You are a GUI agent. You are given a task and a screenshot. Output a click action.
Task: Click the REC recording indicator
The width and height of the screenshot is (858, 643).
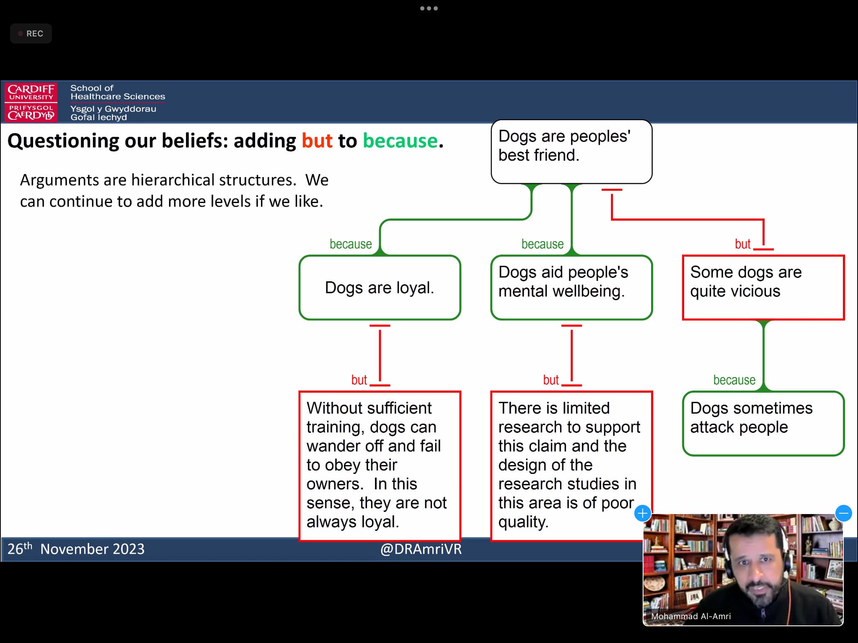point(31,33)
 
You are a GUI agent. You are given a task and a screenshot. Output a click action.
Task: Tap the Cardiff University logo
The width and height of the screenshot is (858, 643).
point(31,102)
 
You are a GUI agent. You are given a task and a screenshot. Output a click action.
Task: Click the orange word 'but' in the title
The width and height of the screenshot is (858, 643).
point(317,141)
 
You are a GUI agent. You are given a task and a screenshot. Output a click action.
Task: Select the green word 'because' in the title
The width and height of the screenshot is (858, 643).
point(400,141)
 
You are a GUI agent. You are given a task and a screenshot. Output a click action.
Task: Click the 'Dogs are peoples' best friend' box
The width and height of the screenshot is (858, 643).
point(571,152)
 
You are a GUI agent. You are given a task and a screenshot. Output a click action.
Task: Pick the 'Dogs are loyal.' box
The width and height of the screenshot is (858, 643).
point(380,288)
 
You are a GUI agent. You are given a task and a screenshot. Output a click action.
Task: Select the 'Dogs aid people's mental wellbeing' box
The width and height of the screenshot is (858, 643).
point(571,288)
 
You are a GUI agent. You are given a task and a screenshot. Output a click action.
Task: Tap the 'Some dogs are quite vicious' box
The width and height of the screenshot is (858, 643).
point(763,288)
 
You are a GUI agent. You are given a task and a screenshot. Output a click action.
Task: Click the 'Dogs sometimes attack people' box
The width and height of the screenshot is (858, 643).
point(763,423)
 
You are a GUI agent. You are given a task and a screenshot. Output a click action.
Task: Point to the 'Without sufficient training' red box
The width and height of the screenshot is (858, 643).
point(380,466)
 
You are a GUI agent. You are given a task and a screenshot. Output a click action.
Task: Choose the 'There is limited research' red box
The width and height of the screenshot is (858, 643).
point(571,466)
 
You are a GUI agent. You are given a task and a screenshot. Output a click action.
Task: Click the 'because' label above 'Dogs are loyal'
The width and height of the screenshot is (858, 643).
point(351,244)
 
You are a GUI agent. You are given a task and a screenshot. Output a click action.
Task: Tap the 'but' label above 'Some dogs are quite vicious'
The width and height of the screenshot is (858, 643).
point(743,244)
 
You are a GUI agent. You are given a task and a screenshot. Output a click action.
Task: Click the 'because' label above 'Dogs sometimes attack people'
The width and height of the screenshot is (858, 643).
point(734,380)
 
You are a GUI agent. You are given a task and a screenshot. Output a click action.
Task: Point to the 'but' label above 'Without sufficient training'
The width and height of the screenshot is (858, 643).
point(359,380)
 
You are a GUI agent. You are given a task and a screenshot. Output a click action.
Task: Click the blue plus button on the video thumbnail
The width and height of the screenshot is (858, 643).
point(643,513)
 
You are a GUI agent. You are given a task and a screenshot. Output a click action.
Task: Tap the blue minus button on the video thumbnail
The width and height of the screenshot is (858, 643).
point(844,513)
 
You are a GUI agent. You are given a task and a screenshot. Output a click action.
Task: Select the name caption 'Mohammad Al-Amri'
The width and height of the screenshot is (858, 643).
point(691,616)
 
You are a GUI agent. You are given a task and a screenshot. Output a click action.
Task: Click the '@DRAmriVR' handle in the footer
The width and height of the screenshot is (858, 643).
point(421,549)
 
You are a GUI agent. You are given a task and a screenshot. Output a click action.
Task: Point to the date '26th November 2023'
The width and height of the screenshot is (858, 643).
point(76,548)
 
